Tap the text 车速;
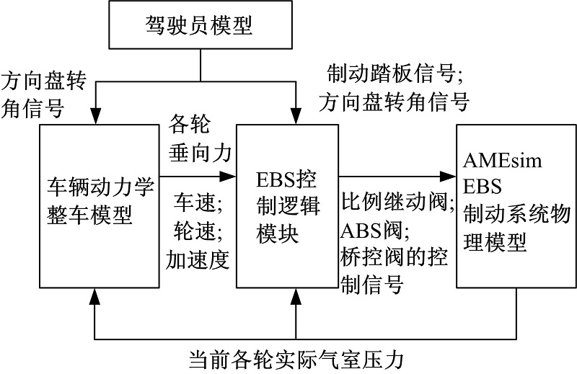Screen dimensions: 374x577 pyautogui.click(x=195, y=205)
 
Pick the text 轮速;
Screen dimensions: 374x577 pyautogui.click(x=195, y=232)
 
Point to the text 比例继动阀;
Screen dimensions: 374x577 pyautogui.click(x=398, y=204)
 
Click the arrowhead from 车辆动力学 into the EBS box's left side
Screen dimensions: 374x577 pyautogui.click(x=230, y=175)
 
